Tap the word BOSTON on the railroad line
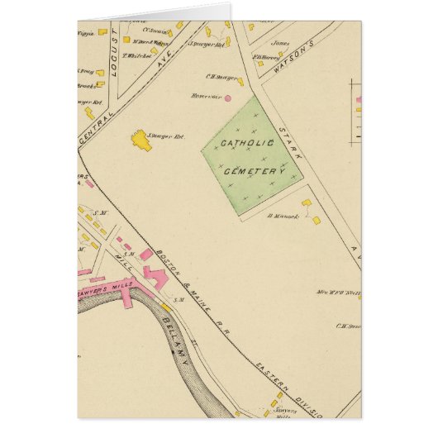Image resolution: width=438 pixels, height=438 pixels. [176, 262]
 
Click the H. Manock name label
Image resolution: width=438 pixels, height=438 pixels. [282, 217]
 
